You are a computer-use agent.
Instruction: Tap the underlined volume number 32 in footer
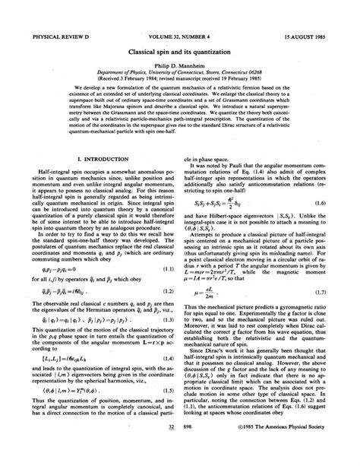point(171,450)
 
